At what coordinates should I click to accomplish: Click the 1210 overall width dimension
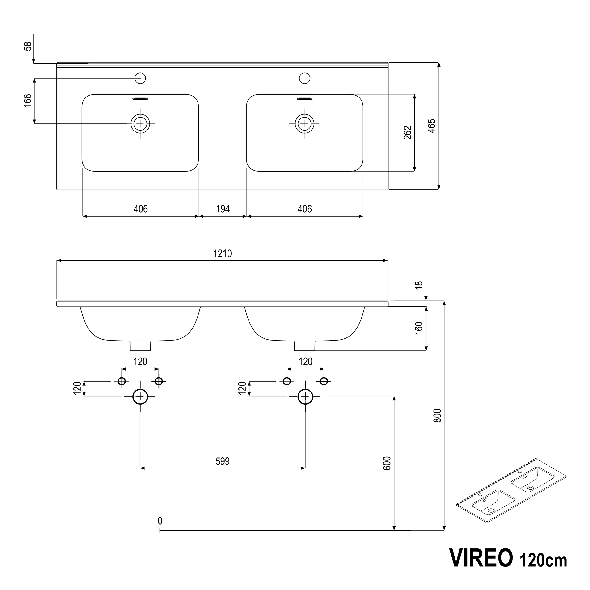(222, 253)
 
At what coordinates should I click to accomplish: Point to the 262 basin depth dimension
(408, 133)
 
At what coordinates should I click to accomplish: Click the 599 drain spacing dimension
(222, 461)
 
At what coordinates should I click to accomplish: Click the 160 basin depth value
(419, 328)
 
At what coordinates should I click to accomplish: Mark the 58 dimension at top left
(28, 46)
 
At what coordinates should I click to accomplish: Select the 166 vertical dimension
(28, 101)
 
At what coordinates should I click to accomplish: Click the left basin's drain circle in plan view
(140, 123)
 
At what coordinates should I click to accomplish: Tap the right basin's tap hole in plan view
(304, 78)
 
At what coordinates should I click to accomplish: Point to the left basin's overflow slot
(140, 99)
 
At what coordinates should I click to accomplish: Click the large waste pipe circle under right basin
(305, 396)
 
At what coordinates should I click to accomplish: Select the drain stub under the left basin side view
(140, 346)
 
